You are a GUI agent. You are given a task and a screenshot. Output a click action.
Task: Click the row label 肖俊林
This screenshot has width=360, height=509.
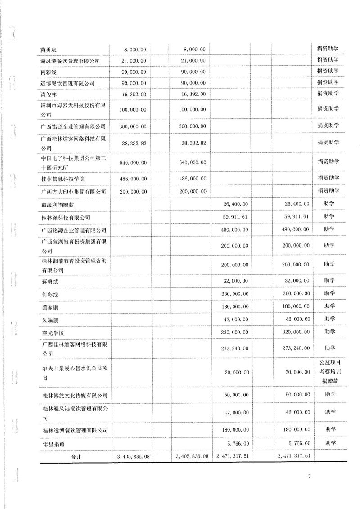[x=49, y=94]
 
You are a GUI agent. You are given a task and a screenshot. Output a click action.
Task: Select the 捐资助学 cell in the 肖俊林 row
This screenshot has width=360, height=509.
[x=328, y=94]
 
